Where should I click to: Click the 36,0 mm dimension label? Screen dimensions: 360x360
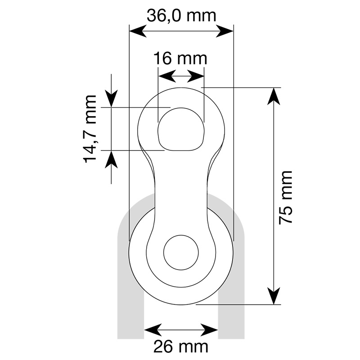181,16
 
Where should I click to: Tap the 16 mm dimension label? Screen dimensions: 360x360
180,58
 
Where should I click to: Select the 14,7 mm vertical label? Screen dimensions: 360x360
90,129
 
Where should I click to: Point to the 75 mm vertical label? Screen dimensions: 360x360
285,198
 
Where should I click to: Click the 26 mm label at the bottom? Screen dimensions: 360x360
181,346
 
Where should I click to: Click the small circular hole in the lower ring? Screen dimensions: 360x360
181,252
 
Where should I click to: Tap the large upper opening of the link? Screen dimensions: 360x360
181,129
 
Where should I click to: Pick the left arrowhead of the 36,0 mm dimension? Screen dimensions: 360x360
138,31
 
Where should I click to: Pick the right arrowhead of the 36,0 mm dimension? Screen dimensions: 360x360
225,31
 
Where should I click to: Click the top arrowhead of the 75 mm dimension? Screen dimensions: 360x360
274,96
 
